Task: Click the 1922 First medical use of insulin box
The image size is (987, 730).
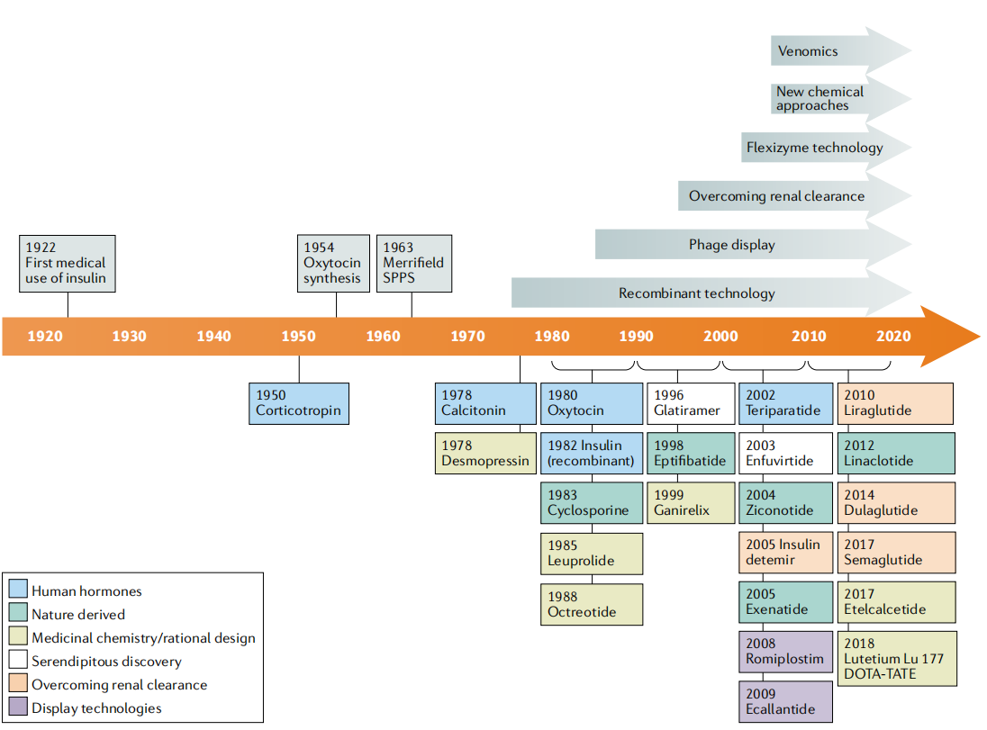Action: (68, 263)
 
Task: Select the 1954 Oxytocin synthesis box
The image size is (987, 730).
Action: (333, 263)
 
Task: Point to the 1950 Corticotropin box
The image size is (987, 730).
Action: (298, 403)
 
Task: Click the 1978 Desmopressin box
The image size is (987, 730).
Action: (485, 454)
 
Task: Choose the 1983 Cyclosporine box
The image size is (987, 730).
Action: (592, 503)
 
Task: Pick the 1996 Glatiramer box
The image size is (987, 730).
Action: (691, 403)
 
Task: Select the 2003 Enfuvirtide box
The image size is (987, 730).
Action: (785, 454)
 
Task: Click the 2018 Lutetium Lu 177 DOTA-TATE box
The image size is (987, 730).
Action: (897, 659)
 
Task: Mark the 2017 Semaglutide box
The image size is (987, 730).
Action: (897, 553)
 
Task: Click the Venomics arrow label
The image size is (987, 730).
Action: (808, 51)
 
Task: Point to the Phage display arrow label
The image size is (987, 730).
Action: (731, 244)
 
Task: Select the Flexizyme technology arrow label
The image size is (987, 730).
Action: (814, 148)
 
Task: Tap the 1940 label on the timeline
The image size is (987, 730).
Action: (213, 337)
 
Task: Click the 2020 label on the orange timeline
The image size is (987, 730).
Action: (892, 337)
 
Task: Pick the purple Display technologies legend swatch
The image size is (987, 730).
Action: (18, 708)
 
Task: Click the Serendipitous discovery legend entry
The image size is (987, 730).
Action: (106, 662)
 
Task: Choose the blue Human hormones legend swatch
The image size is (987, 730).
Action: (18, 591)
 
